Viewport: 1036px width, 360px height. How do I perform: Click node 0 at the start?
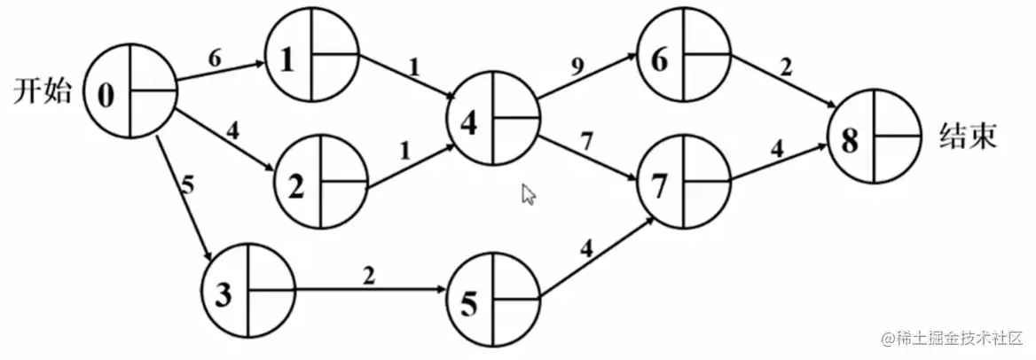coord(131,91)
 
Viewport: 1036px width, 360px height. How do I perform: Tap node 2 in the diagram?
coord(320,182)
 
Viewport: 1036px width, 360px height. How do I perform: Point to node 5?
coord(494,301)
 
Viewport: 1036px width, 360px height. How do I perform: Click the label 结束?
coord(968,137)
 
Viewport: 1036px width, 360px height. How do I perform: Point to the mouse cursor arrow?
coord(528,193)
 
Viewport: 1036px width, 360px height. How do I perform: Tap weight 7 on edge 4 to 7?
coord(585,139)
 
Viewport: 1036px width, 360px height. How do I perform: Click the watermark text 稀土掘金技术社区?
coord(954,339)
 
